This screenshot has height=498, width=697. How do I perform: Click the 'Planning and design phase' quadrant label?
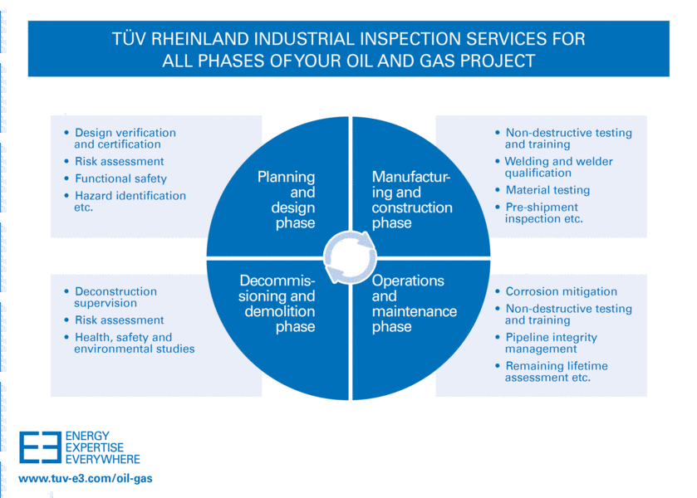pyautogui.click(x=286, y=200)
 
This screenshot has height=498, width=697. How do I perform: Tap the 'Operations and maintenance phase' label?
pyautogui.click(x=414, y=304)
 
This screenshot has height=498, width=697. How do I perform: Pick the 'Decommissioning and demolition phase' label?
pyautogui.click(x=277, y=304)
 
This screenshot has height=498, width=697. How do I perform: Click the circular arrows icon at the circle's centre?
pyautogui.click(x=348, y=257)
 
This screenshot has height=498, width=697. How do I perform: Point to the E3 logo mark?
pyautogui.click(x=40, y=447)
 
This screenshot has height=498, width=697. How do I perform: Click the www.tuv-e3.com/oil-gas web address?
pyautogui.click(x=86, y=479)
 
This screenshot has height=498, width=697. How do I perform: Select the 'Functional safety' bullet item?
pyautogui.click(x=120, y=178)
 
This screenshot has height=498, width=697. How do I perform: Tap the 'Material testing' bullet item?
pyautogui.click(x=547, y=190)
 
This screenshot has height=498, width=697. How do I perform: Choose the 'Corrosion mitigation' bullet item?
pyautogui.click(x=561, y=291)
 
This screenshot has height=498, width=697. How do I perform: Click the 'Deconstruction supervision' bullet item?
pyautogui.click(x=115, y=297)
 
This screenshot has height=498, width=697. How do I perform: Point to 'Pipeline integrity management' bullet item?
pyautogui.click(x=551, y=343)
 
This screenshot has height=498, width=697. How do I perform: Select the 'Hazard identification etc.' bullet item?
pyautogui.click(x=130, y=202)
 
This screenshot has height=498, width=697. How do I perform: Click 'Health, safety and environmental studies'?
pyautogui.click(x=134, y=343)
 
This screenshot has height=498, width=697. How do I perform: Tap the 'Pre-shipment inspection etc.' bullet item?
pyautogui.click(x=544, y=212)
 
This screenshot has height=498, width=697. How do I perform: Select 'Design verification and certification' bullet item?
pyautogui.click(x=125, y=138)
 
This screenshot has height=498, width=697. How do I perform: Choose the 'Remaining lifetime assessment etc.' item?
pyautogui.click(x=556, y=371)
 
